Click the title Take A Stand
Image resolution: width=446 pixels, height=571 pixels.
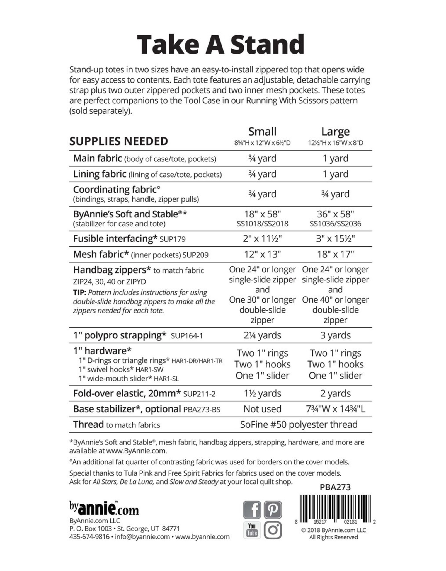point(220,44)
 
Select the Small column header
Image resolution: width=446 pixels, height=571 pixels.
point(262,132)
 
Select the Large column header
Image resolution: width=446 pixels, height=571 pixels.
point(335,132)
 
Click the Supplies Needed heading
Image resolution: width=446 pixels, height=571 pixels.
point(118,141)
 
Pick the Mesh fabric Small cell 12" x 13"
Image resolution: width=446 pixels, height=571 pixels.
point(262,254)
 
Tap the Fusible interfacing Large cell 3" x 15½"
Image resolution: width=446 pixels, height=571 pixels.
point(335,239)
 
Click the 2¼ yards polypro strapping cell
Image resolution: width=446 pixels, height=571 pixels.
point(262,335)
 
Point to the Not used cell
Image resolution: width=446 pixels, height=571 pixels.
point(262,409)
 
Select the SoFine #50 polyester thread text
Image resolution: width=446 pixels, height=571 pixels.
point(299,425)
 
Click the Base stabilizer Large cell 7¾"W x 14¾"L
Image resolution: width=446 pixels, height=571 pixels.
point(335,409)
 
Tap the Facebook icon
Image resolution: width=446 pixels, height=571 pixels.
point(252,509)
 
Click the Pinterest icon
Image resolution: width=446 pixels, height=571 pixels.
point(273,509)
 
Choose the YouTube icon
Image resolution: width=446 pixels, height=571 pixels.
point(252,530)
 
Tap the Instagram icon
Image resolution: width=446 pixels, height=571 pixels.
point(273,530)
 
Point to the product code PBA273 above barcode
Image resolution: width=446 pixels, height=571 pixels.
point(335,487)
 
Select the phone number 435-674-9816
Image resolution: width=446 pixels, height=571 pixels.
point(89,537)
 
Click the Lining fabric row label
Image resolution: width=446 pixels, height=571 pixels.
point(100,174)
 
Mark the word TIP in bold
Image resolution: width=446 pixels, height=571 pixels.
point(79,293)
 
